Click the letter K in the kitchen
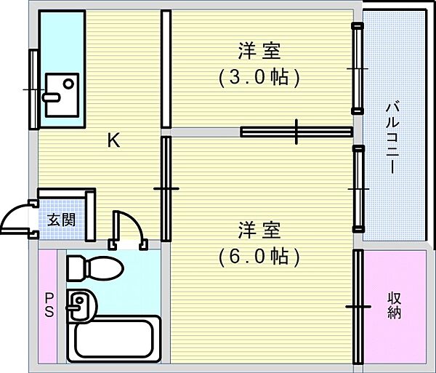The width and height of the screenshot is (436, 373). (114, 140)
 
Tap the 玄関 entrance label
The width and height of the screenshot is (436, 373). (60, 219)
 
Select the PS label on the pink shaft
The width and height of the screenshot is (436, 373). (49, 306)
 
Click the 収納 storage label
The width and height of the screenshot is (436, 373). (395, 305)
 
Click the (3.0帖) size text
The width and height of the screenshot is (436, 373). (259, 77)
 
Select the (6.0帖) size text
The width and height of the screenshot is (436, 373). (259, 255)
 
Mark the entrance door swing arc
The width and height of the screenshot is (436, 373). (16, 217)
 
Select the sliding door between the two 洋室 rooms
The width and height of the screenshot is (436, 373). (296, 132)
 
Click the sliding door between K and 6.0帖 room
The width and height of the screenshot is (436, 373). (166, 188)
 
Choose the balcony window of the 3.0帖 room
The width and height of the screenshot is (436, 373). (357, 68)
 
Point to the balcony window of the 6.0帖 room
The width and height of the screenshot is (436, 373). (358, 188)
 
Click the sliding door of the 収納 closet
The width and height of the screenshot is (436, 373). (357, 307)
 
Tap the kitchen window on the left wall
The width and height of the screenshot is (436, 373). (33, 88)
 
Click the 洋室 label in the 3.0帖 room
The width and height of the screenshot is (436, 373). (259, 52)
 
